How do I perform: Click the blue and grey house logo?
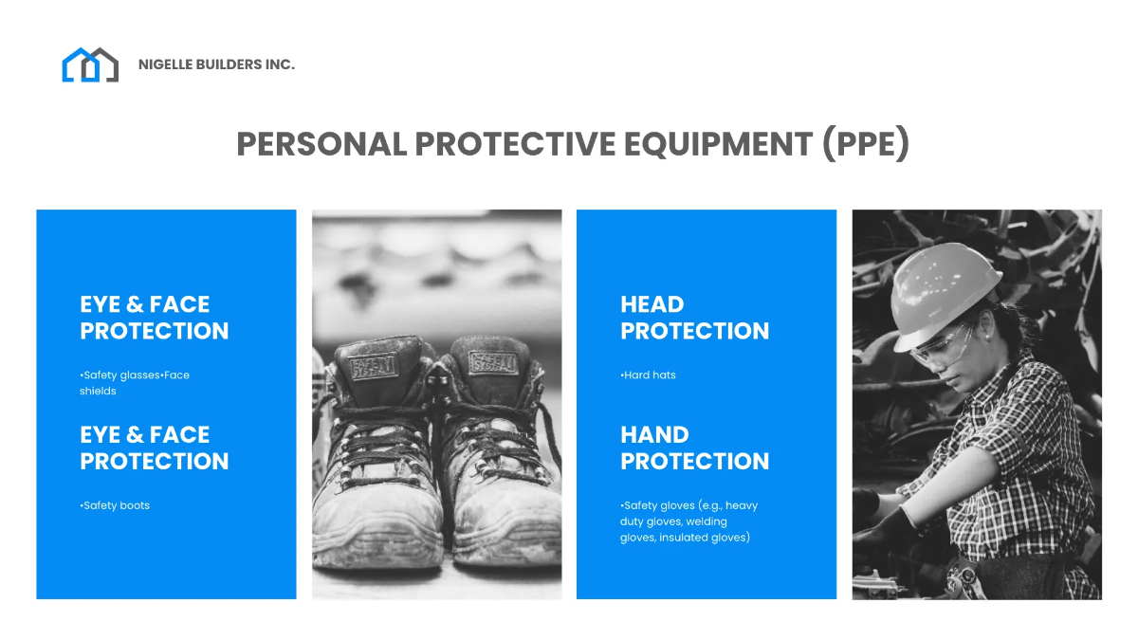tap(90, 64)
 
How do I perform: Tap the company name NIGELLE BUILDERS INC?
tap(216, 64)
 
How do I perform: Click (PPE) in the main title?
tap(866, 144)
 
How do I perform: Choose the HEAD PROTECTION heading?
tap(694, 318)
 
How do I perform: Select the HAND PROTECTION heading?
tap(694, 448)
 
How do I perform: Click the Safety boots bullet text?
tap(116, 505)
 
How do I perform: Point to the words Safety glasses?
tap(120, 375)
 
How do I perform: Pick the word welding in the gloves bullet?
tap(707, 521)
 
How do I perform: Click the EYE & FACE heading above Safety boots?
tap(154, 448)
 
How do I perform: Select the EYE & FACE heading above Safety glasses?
tap(154, 318)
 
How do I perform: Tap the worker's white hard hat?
tap(944, 281)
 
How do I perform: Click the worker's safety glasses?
tap(944, 346)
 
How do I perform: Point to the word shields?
tap(99, 391)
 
